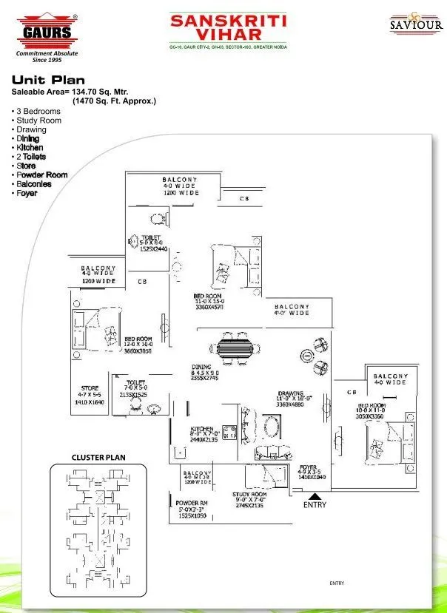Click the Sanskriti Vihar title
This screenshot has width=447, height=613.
pyautogui.click(x=228, y=29)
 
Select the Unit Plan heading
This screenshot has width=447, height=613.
pyautogui.click(x=48, y=80)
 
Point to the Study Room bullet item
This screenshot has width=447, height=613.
pyautogui.click(x=38, y=121)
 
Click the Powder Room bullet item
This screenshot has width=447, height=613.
pyautogui.click(x=41, y=175)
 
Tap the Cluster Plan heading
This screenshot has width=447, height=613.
pyautogui.click(x=98, y=458)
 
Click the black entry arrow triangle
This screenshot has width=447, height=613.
pyautogui.click(x=314, y=497)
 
